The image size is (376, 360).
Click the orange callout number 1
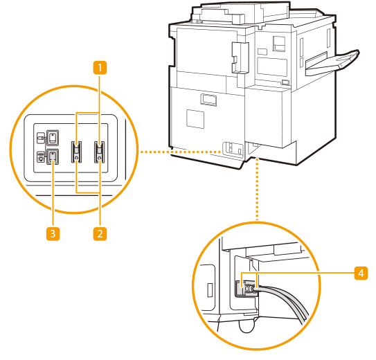coord(100,67)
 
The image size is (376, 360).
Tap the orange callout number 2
coord(100,234)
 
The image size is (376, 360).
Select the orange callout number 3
coord(53,234)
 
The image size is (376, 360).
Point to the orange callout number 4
coord(361,273)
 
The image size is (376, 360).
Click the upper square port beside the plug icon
coord(52,138)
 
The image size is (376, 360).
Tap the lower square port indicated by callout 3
coord(52,156)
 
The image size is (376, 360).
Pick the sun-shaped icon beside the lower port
coord(41,157)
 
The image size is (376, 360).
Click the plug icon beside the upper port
coord(41,138)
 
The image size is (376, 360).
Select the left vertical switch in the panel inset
coord(76,152)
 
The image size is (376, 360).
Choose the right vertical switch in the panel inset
coord(99,152)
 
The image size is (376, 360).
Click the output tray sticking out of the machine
coord(332,62)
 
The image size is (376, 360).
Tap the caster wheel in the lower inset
coord(247,327)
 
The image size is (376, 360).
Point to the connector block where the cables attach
coord(246,288)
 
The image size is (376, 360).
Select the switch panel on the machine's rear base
coord(233,150)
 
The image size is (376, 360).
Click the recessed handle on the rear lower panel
coord(208,100)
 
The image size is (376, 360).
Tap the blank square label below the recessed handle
coord(195,119)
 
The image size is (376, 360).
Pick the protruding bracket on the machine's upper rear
coord(240,57)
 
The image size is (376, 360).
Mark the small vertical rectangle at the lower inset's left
coord(210,290)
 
